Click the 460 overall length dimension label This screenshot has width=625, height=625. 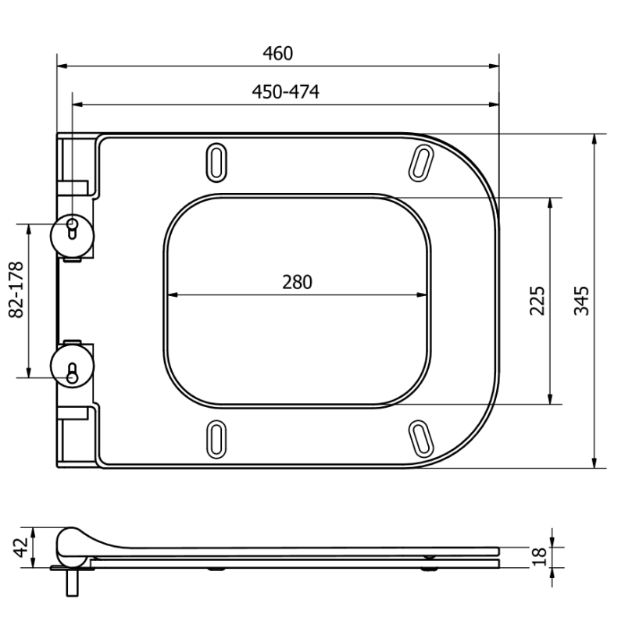278,53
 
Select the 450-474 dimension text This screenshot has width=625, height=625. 285,92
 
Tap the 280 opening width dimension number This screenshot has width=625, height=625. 297,282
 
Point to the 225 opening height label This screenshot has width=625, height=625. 538,301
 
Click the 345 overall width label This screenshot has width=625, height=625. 582,301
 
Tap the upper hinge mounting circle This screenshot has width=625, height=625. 72,232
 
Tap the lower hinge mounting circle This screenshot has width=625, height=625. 72,364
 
